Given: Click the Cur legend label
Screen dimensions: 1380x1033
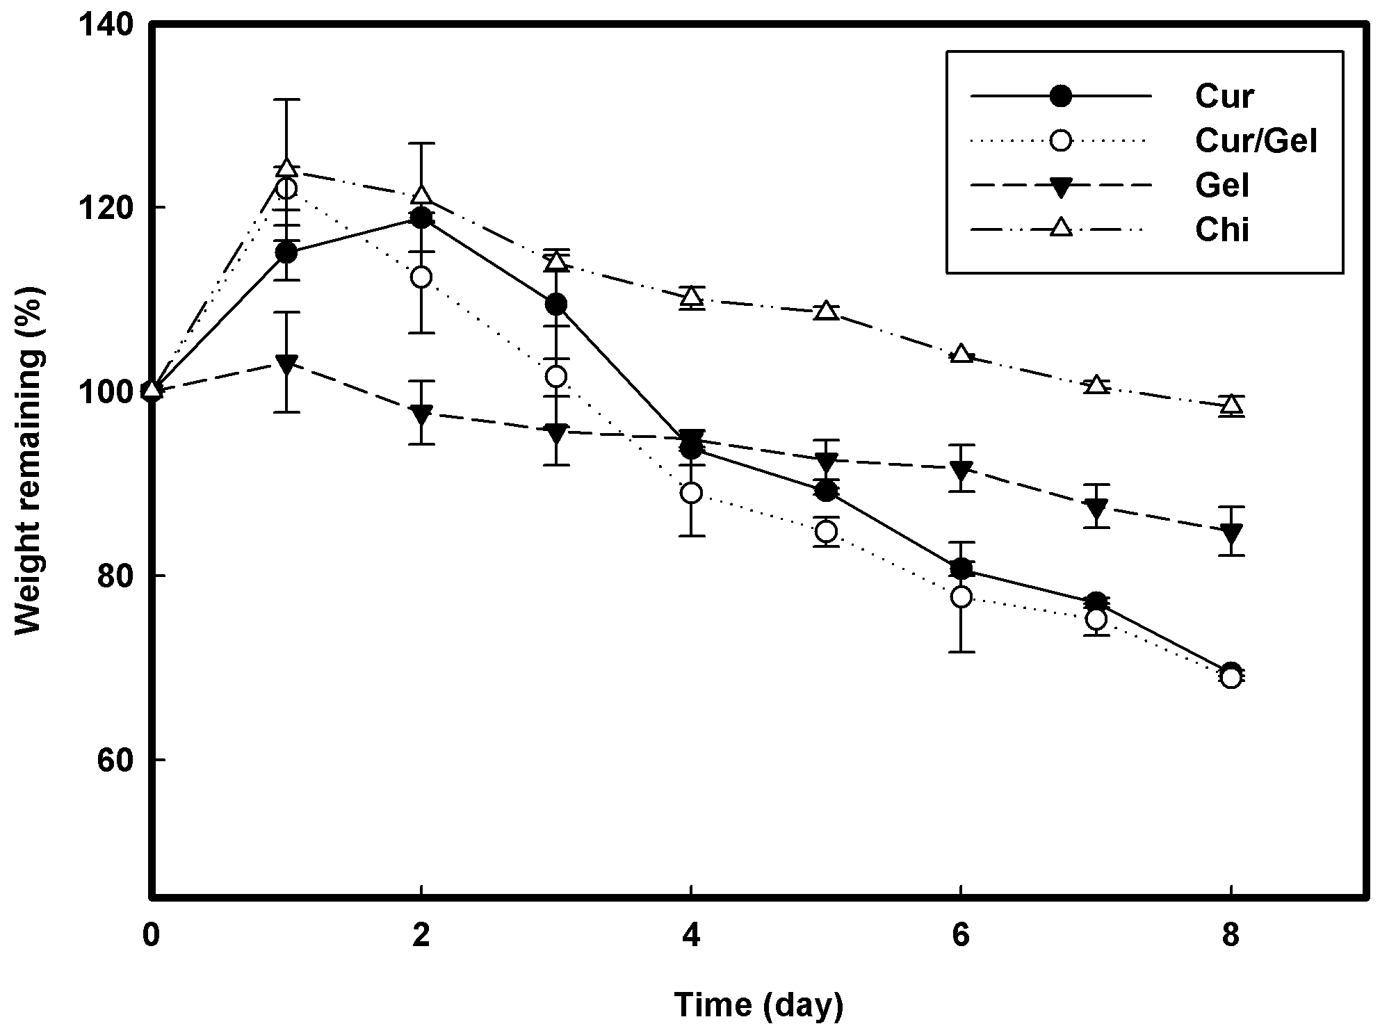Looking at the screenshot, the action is click(x=1224, y=96).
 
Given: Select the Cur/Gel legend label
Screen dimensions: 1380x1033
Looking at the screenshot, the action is click(x=1256, y=141).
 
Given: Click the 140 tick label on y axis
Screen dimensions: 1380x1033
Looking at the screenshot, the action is click(x=105, y=25).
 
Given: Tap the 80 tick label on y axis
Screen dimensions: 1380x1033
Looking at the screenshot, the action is click(x=115, y=576).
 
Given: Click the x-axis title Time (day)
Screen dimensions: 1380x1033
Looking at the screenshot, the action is click(x=759, y=1005).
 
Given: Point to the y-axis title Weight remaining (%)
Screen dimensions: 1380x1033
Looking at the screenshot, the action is click(x=29, y=461).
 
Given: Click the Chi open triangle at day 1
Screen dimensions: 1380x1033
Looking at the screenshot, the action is click(x=286, y=168).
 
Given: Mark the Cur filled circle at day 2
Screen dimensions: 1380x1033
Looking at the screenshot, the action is click(x=421, y=218).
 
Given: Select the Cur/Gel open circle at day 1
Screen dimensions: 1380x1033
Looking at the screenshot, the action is click(x=286, y=188).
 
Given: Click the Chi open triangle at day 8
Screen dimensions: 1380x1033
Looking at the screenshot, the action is click(x=1231, y=403).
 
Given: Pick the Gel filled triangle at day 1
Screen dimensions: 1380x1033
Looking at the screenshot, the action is click(x=286, y=364).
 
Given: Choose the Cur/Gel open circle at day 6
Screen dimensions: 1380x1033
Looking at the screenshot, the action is click(x=961, y=597).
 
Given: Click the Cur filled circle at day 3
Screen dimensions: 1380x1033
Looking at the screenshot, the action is click(x=555, y=304).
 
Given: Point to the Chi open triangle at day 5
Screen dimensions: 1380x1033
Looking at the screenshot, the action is click(x=826, y=310).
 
